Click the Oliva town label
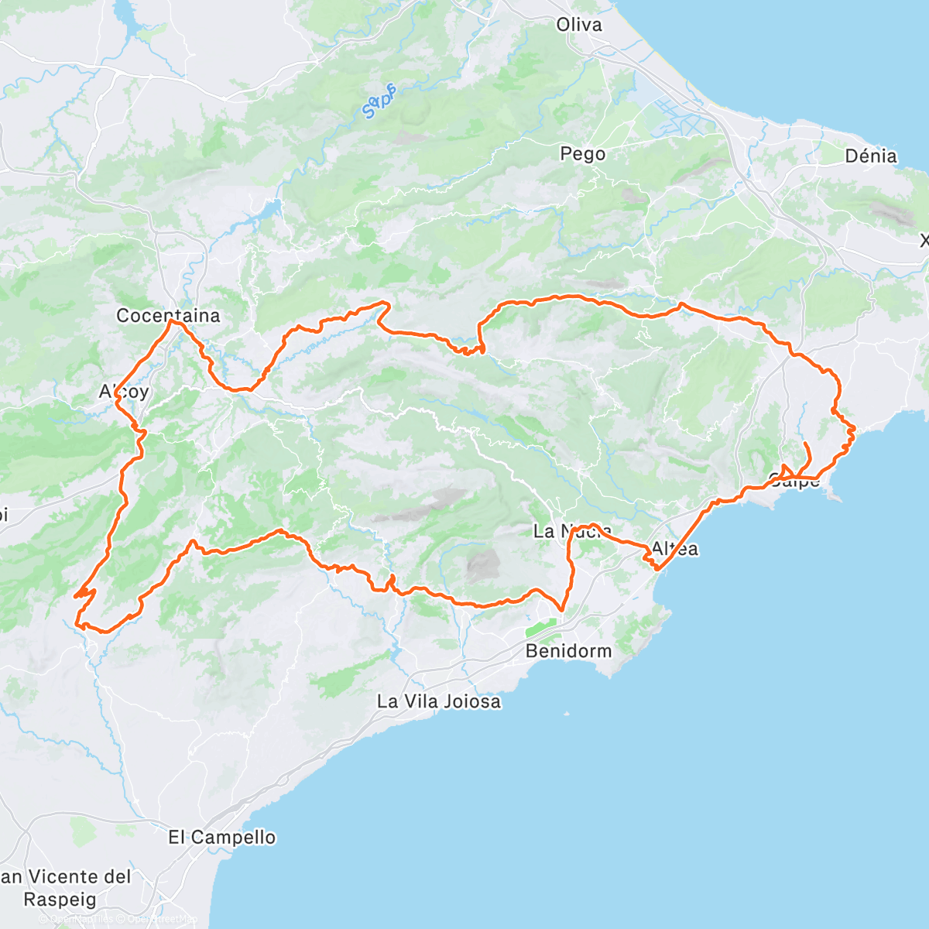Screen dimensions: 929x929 click(x=579, y=25)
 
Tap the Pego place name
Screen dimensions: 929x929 click(x=582, y=154)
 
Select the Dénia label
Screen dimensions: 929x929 click(x=870, y=156)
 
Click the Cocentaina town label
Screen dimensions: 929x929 click(x=168, y=316)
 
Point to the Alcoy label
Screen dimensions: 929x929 click(x=124, y=392)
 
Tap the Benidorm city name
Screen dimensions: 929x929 click(x=568, y=651)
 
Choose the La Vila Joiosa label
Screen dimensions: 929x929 click(x=438, y=702)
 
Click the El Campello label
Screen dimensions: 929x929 click(x=222, y=838)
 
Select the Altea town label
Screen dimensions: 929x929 click(x=675, y=549)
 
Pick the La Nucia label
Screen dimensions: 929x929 click(x=572, y=531)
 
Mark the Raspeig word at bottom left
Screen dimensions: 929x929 click(x=60, y=900)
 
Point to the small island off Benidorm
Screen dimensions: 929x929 click(x=567, y=714)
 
